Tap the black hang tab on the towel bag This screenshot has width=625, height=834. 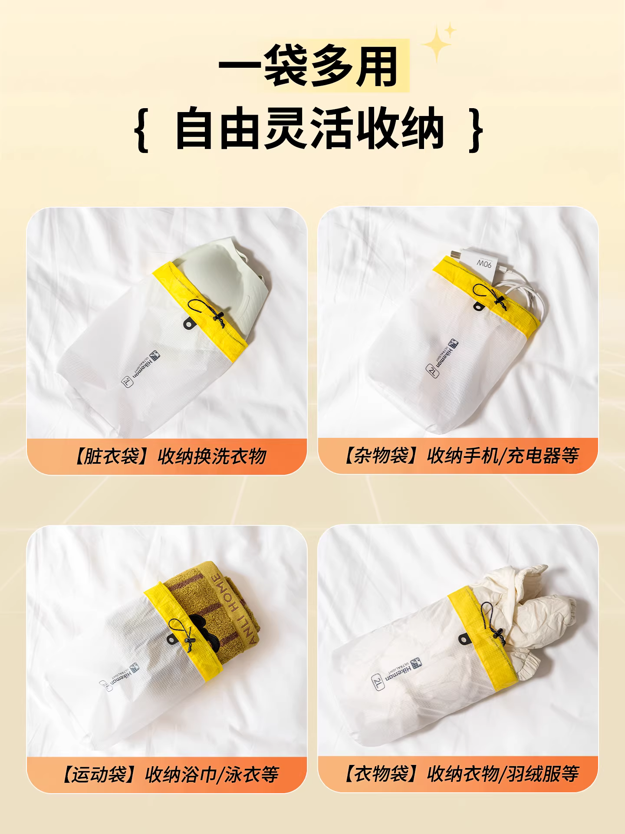point(173,640)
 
